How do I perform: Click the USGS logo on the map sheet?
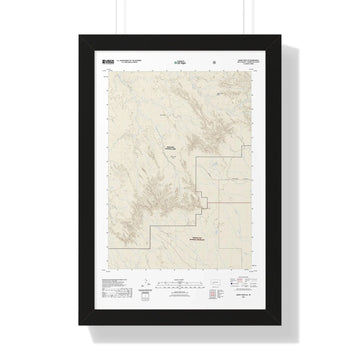coord(108,60)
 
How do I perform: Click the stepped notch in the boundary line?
coord(204,205)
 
